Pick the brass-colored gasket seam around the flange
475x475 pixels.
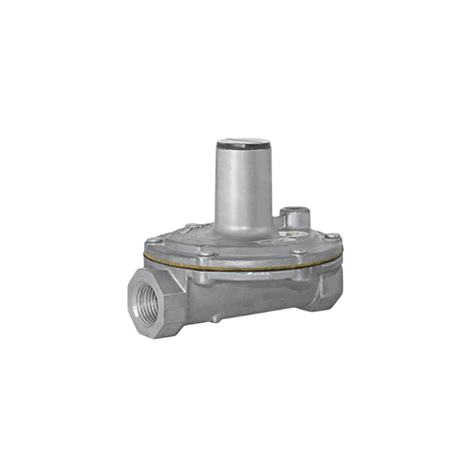237,266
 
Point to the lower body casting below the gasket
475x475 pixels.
247,294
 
